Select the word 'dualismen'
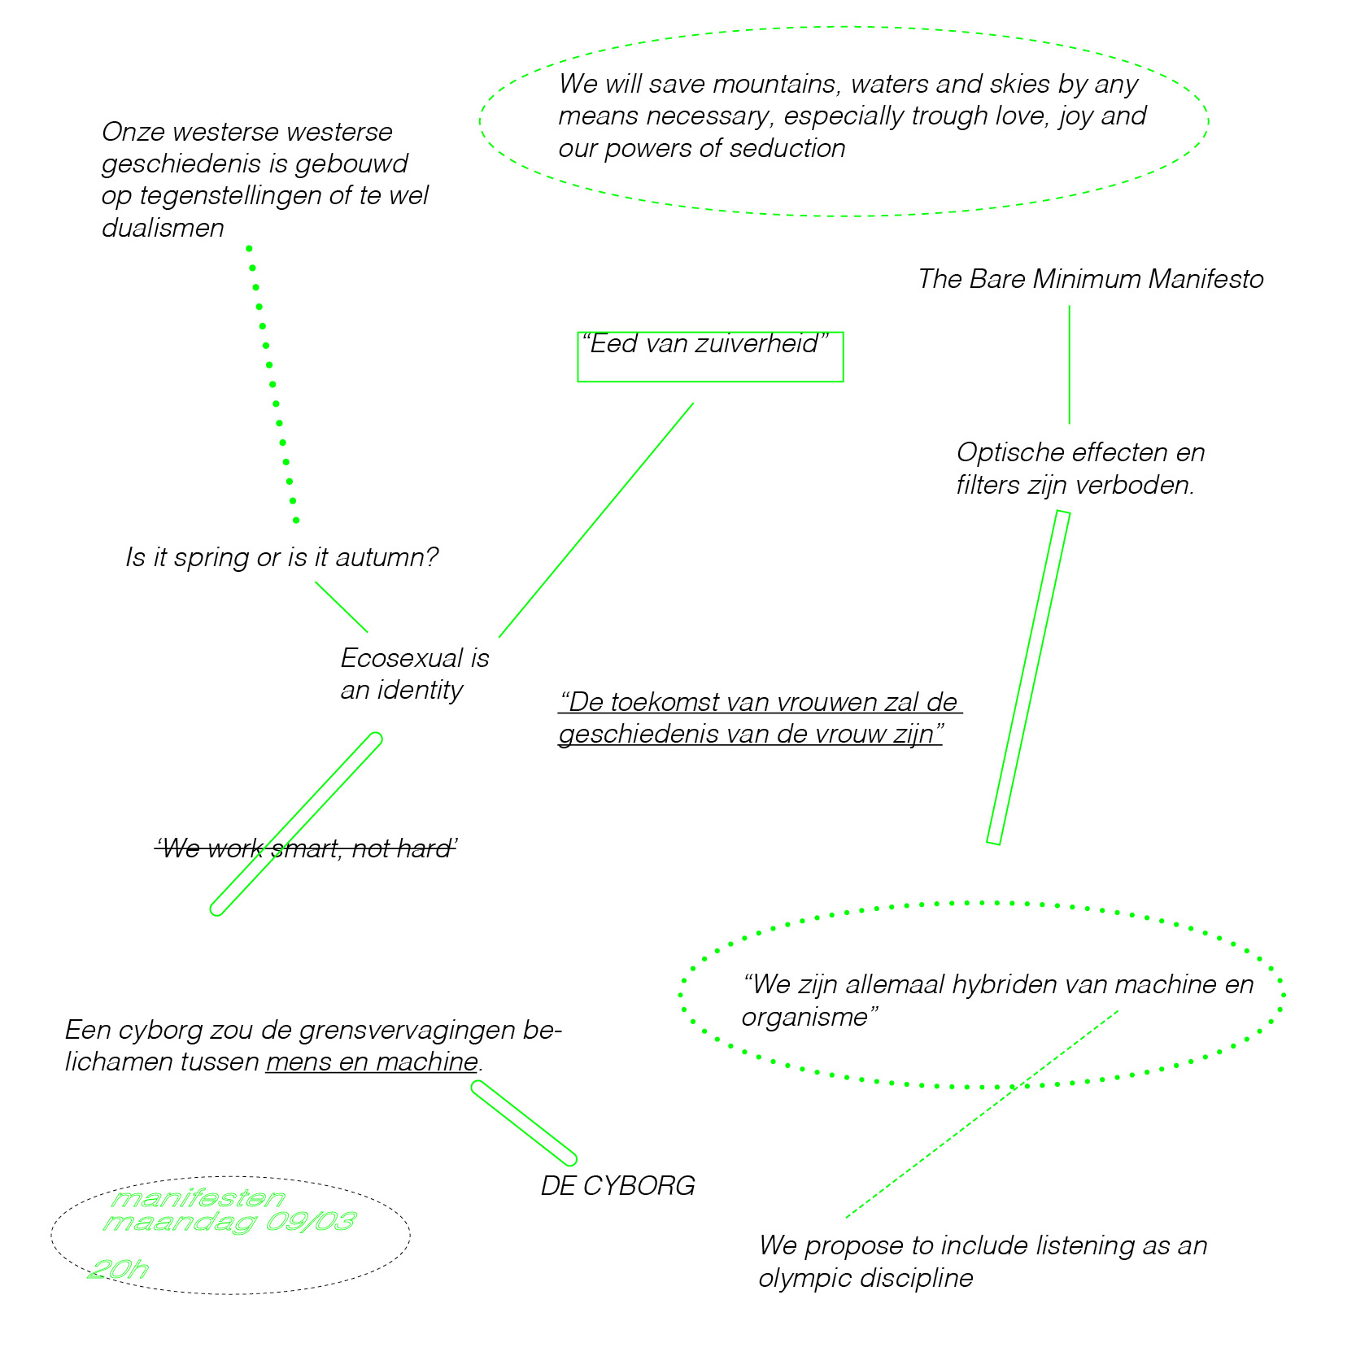(x=163, y=229)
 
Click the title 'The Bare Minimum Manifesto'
(x=1091, y=280)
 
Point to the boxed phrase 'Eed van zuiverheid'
(x=705, y=344)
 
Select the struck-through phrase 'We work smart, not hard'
(x=306, y=849)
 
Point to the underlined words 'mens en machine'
(x=372, y=1062)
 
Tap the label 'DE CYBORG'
(x=618, y=1186)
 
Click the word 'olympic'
(x=804, y=1279)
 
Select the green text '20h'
(x=119, y=1270)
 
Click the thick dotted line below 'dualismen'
(x=273, y=384)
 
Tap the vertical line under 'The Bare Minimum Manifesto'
(x=1069, y=365)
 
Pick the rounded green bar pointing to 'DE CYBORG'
(x=524, y=1123)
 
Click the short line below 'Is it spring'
(x=342, y=607)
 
